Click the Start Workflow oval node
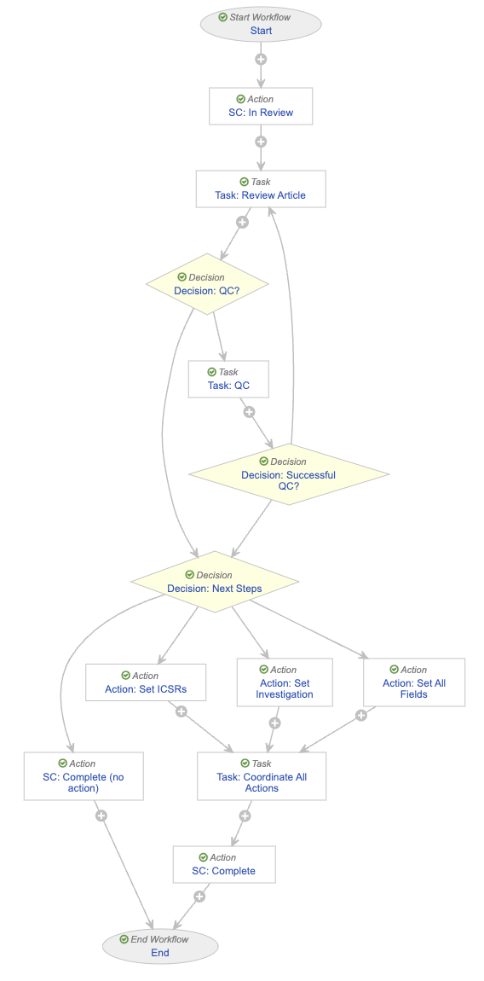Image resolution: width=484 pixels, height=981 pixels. pyautogui.click(x=261, y=24)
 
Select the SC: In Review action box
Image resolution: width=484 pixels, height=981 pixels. pyautogui.click(x=261, y=106)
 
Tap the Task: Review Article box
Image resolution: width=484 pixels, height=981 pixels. pyautogui.click(x=261, y=189)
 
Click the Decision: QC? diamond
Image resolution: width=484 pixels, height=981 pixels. pyautogui.click(x=207, y=284)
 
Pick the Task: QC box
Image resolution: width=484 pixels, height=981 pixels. pyautogui.click(x=229, y=379)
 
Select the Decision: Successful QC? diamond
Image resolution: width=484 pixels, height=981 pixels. pyautogui.click(x=288, y=475)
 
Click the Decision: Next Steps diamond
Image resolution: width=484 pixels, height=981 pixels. pyautogui.click(x=215, y=582)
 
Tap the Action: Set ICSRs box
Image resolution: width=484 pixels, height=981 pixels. pyautogui.click(x=146, y=682)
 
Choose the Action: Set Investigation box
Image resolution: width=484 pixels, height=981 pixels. pyautogui.click(x=285, y=682)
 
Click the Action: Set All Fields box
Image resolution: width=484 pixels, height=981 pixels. pyautogui.click(x=414, y=682)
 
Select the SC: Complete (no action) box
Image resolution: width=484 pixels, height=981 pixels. pyautogui.click(x=84, y=775)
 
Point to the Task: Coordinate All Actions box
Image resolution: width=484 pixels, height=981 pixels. pyautogui.click(x=262, y=775)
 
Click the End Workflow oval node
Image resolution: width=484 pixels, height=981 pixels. pyautogui.click(x=160, y=946)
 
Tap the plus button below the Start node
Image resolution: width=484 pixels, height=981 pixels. pyautogui.click(x=261, y=60)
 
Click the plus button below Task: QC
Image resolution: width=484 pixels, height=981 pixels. pyautogui.click(x=249, y=412)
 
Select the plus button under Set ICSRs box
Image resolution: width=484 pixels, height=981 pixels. pyautogui.click(x=181, y=711)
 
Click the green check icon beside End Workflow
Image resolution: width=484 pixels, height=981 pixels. pyautogui.click(x=124, y=939)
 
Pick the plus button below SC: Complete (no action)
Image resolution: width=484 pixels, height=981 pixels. pyautogui.click(x=101, y=816)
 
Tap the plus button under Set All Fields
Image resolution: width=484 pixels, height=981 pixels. pyautogui.click(x=360, y=715)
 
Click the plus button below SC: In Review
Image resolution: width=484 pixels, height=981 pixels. pyautogui.click(x=261, y=142)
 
